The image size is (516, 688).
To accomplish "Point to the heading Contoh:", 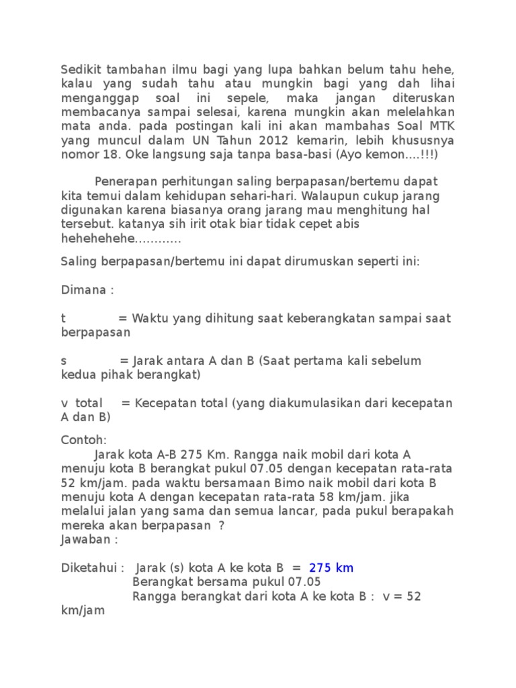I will [x=84, y=440].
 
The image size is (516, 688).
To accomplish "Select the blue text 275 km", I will [x=331, y=568].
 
